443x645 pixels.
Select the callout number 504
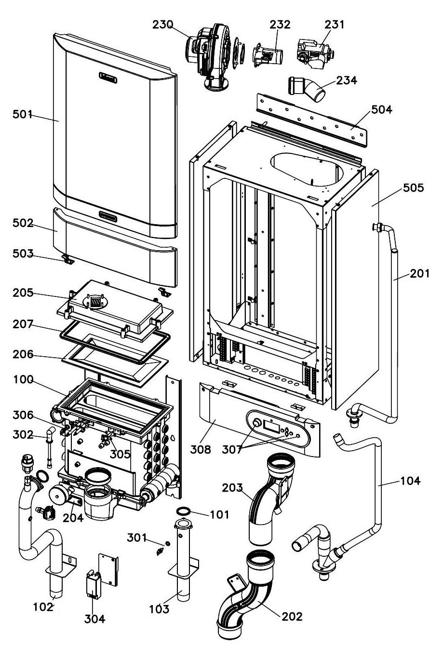pyautogui.click(x=382, y=109)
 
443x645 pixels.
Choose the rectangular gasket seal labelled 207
pyautogui.click(x=115, y=343)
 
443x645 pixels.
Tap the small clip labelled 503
pyautogui.click(x=67, y=260)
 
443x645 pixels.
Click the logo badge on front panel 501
pyautogui.click(x=111, y=76)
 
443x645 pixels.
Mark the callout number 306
pyautogui.click(x=24, y=415)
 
